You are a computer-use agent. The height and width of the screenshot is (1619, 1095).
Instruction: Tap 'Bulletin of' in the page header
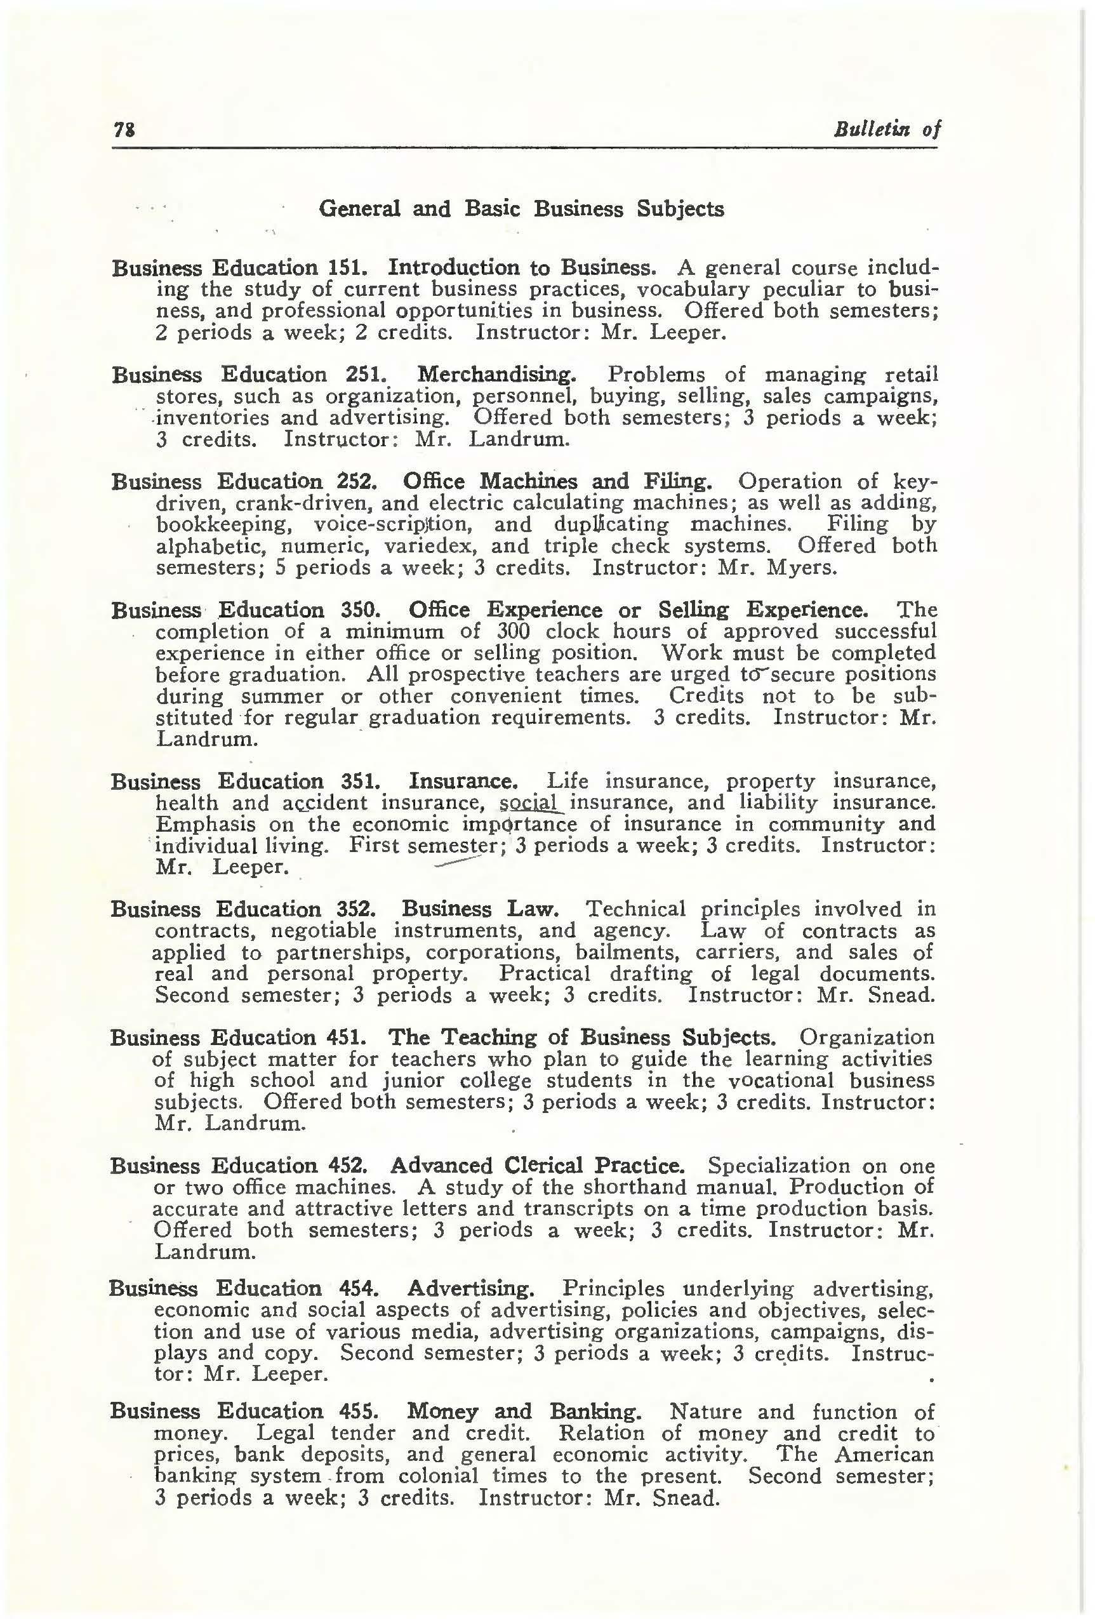point(887,128)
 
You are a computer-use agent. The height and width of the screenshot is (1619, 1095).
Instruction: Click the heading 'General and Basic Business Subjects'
point(521,209)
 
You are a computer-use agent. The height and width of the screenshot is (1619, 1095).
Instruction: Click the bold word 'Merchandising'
point(496,375)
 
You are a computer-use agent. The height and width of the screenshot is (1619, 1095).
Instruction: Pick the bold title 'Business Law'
point(480,909)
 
